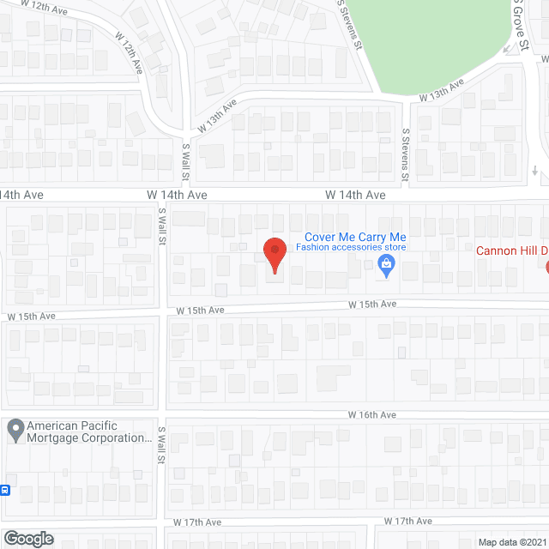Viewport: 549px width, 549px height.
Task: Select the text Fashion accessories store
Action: pyautogui.click(x=350, y=247)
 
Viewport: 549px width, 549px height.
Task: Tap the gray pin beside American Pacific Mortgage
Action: pyautogui.click(x=15, y=430)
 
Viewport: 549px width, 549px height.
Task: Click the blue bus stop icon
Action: pyautogui.click(x=5, y=491)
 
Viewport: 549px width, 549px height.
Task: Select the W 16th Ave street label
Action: pyautogui.click(x=372, y=414)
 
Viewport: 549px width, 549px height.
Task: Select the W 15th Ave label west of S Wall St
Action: pyautogui.click(x=31, y=316)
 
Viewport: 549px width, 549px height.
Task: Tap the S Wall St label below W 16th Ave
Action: pyautogui.click(x=160, y=447)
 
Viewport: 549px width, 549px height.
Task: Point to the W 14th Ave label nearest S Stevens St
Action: pyautogui.click(x=355, y=195)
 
